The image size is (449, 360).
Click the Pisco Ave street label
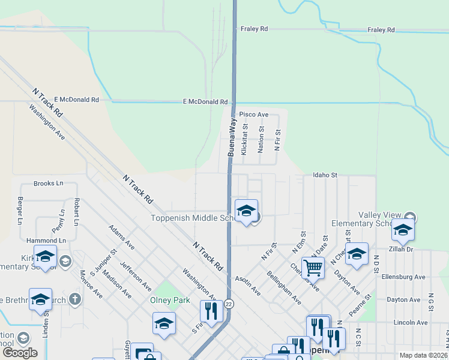point(253,114)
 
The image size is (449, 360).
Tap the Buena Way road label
point(231,137)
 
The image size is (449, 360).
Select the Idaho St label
point(325,175)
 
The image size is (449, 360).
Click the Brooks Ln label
point(48,184)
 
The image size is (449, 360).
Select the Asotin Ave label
point(247,285)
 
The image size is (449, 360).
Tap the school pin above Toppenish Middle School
point(246,211)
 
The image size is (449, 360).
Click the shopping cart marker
point(313,268)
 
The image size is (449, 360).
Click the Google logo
point(20,353)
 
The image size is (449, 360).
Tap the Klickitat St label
point(244,140)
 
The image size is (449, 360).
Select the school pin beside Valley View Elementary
point(403,230)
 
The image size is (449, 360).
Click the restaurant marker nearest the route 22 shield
point(211,311)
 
